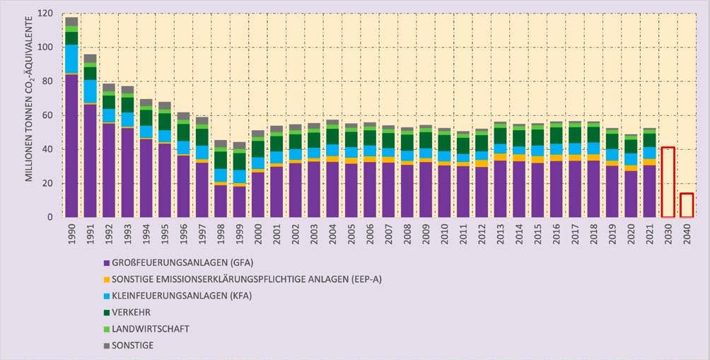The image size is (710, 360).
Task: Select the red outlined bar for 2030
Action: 668,182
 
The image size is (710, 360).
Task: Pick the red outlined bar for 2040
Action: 687,205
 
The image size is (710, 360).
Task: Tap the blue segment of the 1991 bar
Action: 90,91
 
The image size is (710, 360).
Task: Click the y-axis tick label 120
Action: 46,13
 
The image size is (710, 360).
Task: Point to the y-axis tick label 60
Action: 49,115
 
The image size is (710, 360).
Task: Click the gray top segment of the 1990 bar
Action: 71,21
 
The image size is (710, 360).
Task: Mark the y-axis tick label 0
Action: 52,217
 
